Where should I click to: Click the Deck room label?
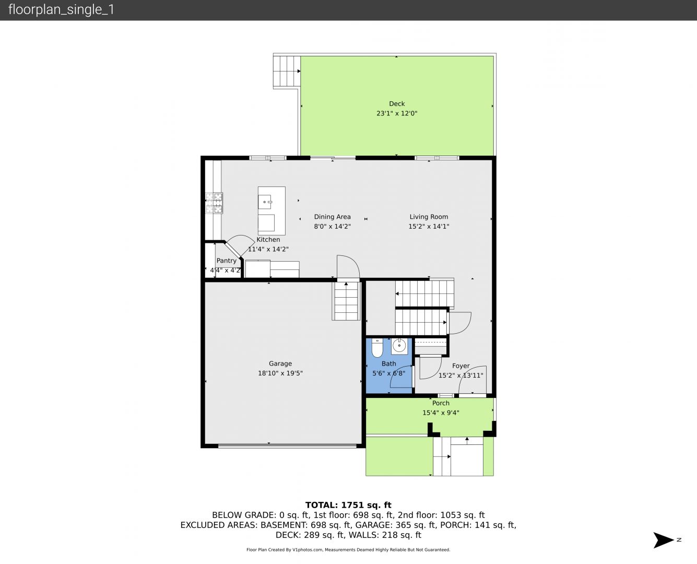(x=397, y=104)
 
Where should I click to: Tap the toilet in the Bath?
(x=377, y=348)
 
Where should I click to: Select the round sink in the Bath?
(x=399, y=345)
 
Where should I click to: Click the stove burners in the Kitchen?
(x=214, y=203)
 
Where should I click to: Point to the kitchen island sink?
(x=265, y=202)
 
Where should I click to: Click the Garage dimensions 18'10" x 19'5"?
(x=280, y=373)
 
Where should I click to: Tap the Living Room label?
(x=429, y=217)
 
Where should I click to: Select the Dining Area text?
(x=332, y=217)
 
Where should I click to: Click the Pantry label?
(x=226, y=261)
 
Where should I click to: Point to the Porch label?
(x=441, y=403)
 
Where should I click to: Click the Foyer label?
(x=460, y=366)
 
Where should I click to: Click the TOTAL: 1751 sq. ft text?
(x=348, y=505)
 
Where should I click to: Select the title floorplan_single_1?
(x=61, y=9)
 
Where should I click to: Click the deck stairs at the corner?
(x=287, y=72)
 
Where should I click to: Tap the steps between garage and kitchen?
(x=346, y=301)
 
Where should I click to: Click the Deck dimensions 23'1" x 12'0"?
(x=397, y=113)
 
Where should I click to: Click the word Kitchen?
(x=268, y=240)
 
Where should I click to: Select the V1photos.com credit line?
(x=348, y=549)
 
